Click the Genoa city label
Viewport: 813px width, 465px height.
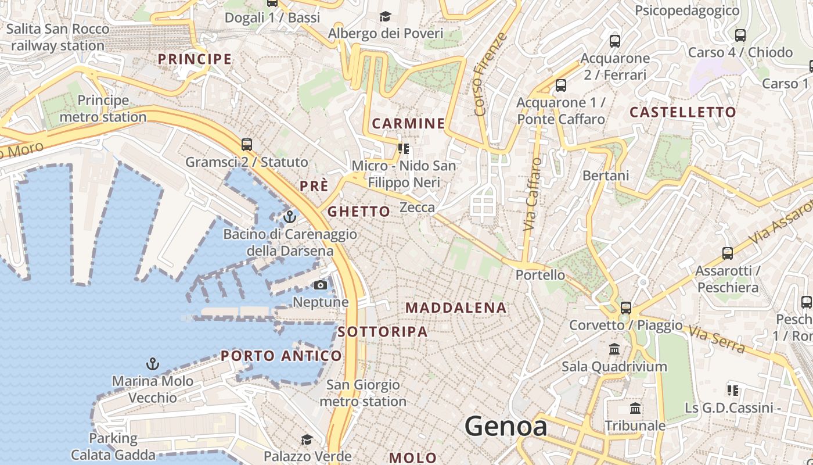point(506,426)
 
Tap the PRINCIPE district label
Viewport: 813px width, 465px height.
point(195,59)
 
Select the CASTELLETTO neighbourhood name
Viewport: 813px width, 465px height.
point(683,112)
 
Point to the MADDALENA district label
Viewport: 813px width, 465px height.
point(456,308)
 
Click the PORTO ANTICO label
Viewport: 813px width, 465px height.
point(282,356)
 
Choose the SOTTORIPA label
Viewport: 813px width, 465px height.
point(383,332)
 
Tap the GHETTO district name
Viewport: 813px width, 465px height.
point(359,212)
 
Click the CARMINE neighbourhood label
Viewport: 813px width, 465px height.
point(408,123)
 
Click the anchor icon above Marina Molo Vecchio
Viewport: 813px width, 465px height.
point(152,364)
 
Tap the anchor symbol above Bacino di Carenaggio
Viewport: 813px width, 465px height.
point(289,217)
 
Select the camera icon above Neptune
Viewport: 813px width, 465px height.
point(320,285)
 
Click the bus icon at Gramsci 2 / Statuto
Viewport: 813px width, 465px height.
point(247,144)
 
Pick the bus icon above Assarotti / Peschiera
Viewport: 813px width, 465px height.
point(728,253)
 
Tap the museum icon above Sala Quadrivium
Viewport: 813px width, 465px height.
point(614,349)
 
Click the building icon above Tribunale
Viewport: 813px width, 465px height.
point(635,409)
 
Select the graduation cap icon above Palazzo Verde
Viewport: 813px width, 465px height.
point(307,439)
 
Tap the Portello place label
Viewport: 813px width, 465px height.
point(540,275)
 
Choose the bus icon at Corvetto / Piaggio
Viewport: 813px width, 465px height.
point(625,307)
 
